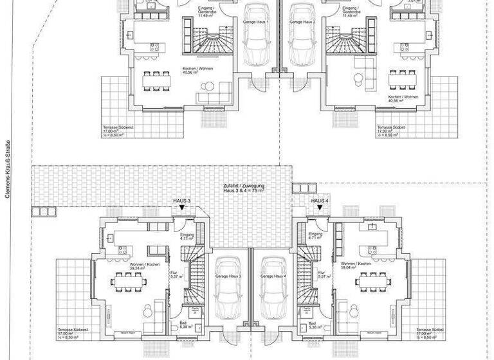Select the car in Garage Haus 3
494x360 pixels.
pyautogui.click(x=228, y=289)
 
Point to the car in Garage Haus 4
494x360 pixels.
pyautogui.click(x=273, y=289)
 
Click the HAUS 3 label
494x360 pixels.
pyautogui.click(x=182, y=201)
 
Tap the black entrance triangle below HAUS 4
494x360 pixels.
pyautogui.click(x=320, y=208)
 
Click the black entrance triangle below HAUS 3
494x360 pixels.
pyautogui.click(x=183, y=208)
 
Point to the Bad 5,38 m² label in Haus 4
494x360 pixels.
pyautogui.click(x=313, y=325)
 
